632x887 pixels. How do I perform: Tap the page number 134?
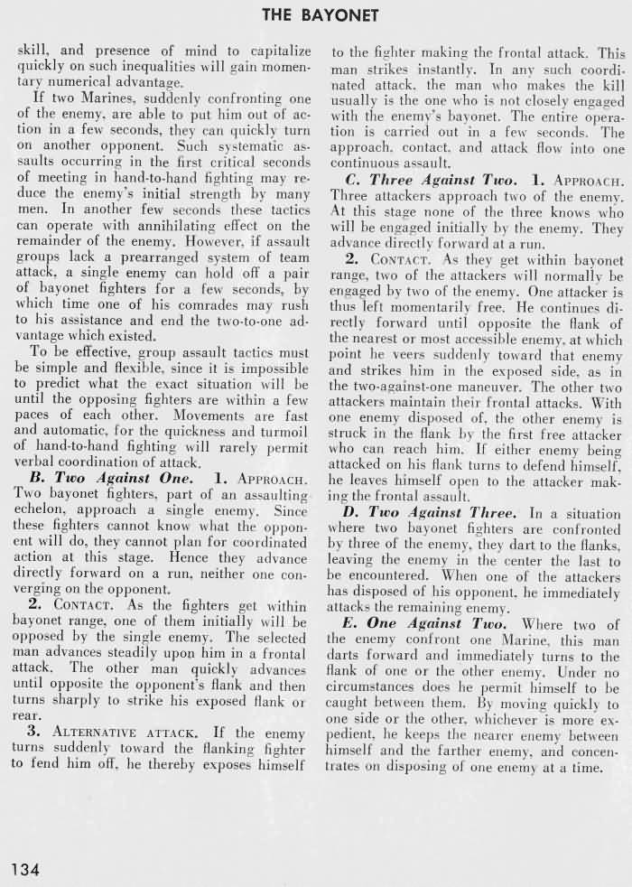(26, 870)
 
